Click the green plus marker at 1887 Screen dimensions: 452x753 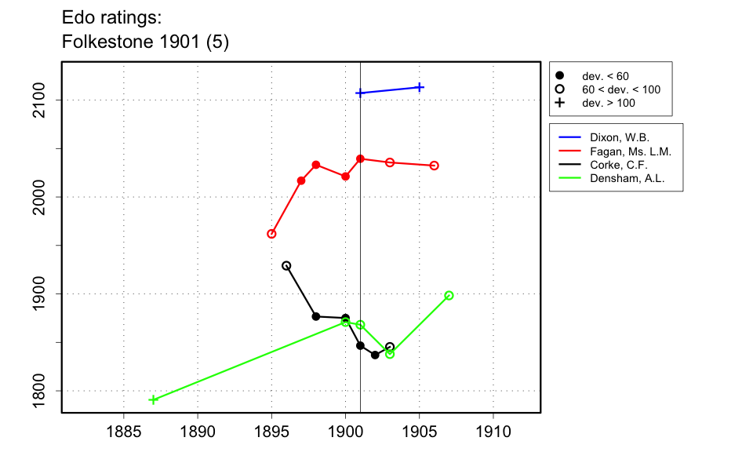pos(153,399)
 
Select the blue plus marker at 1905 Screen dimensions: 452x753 pos(420,87)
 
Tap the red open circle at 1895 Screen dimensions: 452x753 pos(271,234)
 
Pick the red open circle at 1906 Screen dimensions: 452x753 pos(435,166)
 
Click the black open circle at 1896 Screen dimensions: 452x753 pos(286,266)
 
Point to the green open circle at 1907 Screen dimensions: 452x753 pos(449,296)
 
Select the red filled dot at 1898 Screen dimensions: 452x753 pos(316,165)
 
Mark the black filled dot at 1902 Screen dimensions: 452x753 pos(375,355)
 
